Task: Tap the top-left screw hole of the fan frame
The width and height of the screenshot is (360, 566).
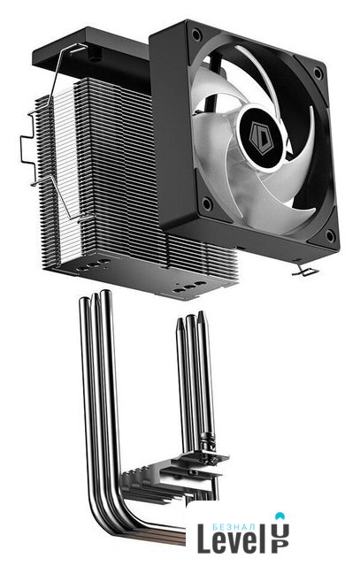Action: (196, 35)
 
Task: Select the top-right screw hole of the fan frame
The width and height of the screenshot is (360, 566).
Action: (318, 73)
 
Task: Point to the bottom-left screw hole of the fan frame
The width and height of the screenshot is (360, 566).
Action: (207, 204)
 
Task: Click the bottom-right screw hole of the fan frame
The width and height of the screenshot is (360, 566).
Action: (330, 236)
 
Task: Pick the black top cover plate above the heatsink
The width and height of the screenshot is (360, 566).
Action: (90, 54)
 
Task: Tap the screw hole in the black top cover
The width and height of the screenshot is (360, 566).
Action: (95, 57)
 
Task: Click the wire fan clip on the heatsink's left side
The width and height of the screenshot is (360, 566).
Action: (54, 134)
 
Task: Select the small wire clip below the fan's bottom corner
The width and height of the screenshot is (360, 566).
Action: (304, 270)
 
